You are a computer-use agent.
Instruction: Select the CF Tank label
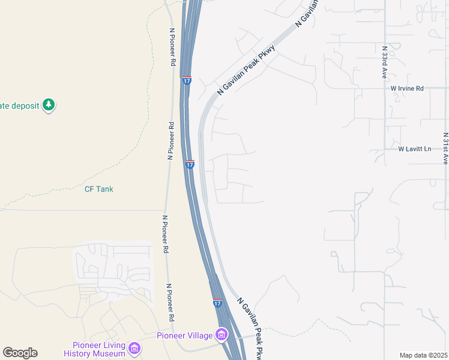tap(98, 189)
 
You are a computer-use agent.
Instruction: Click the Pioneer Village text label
tap(185, 335)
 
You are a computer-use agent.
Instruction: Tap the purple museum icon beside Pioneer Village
tap(221, 334)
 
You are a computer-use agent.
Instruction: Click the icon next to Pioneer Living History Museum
tap(134, 348)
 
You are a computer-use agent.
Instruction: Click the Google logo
tap(20, 353)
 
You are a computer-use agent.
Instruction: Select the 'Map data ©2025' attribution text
tap(423, 355)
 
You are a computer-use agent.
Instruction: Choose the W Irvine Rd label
tap(407, 88)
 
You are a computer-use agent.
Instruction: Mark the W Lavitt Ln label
tap(415, 148)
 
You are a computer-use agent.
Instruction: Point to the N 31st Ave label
tap(445, 148)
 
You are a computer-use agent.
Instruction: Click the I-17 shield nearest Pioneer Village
tap(217, 303)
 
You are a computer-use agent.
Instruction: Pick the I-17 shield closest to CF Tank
tap(190, 164)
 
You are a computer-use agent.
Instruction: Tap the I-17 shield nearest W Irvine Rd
tap(187, 80)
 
